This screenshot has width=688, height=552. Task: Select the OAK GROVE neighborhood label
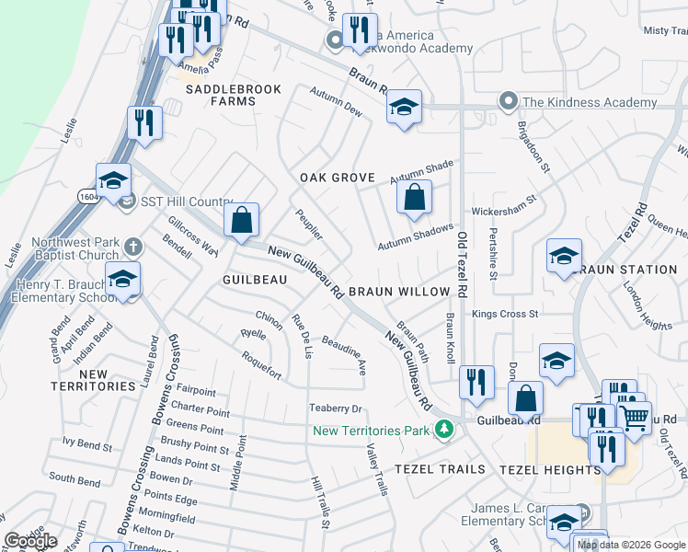(x=338, y=178)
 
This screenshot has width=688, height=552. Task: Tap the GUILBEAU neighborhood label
(x=249, y=278)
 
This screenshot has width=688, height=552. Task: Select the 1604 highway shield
(x=109, y=197)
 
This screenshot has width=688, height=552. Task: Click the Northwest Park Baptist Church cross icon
(x=133, y=247)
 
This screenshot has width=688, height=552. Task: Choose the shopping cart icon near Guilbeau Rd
(x=635, y=418)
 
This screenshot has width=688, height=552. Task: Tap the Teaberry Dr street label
(x=337, y=408)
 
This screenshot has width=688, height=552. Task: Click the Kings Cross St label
(x=505, y=314)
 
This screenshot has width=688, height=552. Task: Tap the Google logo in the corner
(x=30, y=541)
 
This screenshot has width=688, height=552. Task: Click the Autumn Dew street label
(x=337, y=108)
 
